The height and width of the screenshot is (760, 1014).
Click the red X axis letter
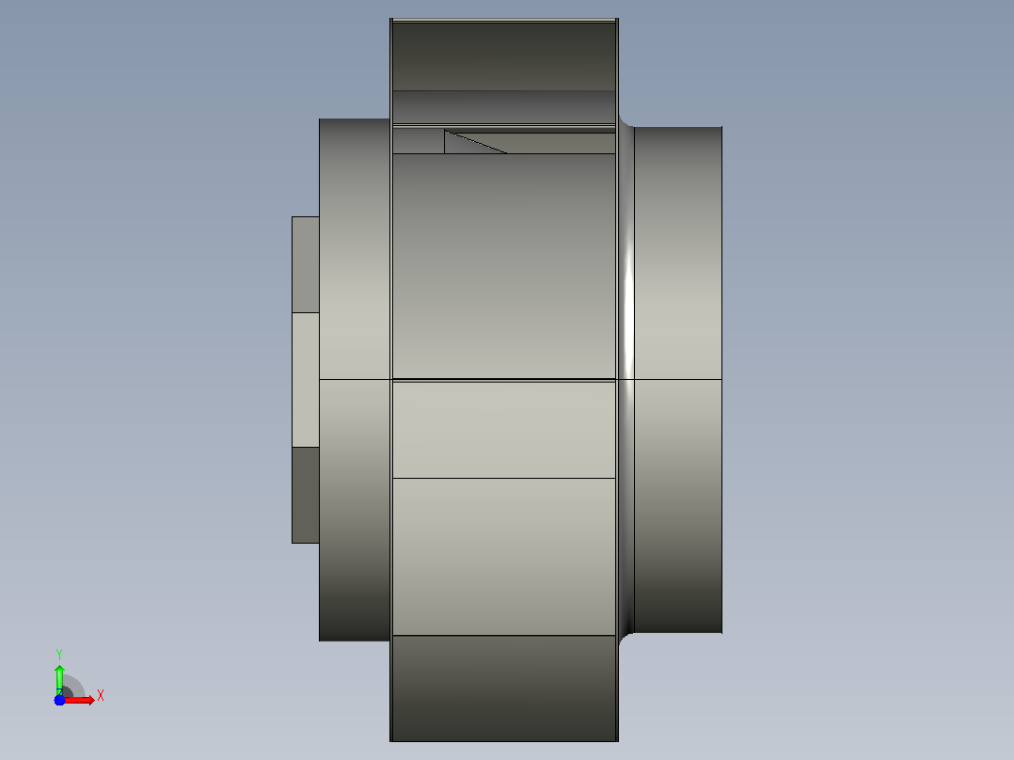point(101,696)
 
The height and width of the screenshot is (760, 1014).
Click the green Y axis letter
point(59,654)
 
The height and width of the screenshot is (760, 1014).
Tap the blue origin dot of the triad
point(59,700)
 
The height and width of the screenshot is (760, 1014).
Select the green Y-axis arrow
point(59,679)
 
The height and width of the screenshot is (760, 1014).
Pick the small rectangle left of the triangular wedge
point(419,141)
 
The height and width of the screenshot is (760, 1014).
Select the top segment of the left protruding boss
point(305,264)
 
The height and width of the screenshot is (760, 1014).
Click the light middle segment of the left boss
point(305,380)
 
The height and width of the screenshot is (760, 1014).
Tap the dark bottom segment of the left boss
point(305,496)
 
